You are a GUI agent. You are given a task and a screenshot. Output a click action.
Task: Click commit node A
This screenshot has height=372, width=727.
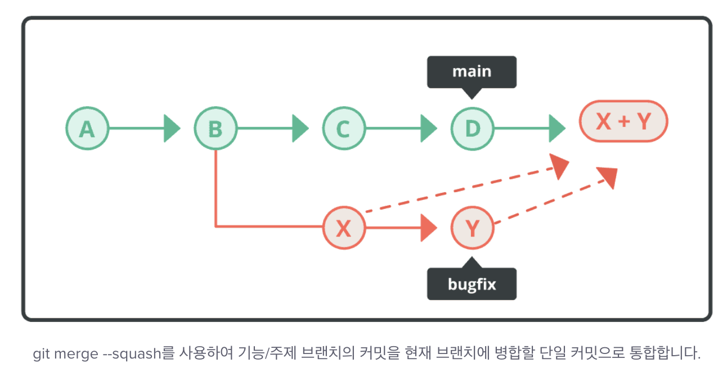pos(86,129)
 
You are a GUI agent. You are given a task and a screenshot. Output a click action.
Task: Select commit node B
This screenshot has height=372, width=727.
pos(216,129)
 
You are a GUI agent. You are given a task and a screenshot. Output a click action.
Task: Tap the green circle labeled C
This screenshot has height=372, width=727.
pos(344,129)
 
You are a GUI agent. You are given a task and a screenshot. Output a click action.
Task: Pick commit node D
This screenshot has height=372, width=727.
pos(472,129)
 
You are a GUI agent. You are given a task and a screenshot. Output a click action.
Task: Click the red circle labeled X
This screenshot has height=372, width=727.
pos(344,228)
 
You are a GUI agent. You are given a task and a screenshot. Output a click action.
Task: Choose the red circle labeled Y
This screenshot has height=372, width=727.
pos(472,228)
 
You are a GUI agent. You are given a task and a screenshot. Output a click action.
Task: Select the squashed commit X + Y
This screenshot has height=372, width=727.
pos(623,121)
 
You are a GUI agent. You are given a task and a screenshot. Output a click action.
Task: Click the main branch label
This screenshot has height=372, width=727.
pos(472,72)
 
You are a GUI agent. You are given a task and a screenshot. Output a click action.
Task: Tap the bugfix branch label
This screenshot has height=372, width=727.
pos(472,284)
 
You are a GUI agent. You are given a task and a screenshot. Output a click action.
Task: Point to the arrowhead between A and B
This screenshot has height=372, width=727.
pos(171,129)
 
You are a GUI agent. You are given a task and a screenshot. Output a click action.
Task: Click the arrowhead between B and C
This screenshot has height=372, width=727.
pos(300,129)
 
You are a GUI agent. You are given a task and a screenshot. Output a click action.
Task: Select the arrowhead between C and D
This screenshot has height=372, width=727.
pos(428,129)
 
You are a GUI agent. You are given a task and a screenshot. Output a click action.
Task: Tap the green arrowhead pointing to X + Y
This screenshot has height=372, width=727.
pos(557,129)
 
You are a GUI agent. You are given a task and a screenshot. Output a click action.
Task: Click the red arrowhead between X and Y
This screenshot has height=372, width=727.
pos(428,228)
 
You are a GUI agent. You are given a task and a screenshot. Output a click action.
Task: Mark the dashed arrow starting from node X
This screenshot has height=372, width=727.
pos(461,188)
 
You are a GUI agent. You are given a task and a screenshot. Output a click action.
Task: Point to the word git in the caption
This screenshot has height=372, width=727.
pos(41,354)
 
